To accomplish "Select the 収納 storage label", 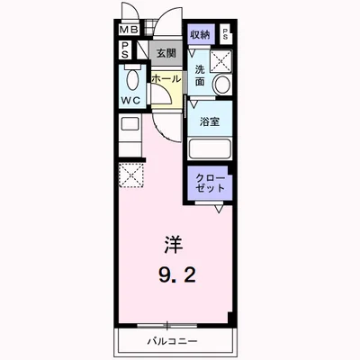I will coord(200,34).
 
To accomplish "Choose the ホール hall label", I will coord(166,79).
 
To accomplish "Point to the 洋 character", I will coord(172,242).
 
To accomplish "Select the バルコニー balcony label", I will coord(172,342).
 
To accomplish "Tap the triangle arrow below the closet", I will coord(218,210).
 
